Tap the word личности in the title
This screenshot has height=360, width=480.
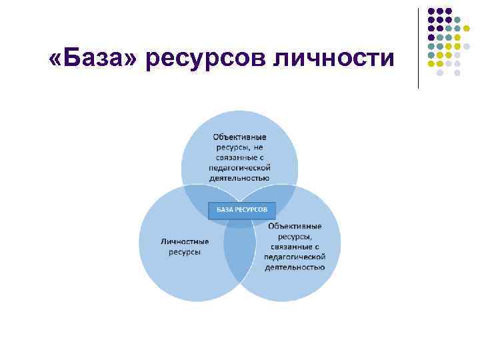337,59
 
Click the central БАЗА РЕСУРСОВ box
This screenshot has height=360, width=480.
241,210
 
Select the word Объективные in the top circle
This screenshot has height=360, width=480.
239,136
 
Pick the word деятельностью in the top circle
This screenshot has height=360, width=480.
239,178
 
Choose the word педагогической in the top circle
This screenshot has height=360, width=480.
239,168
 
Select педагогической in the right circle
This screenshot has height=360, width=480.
295,257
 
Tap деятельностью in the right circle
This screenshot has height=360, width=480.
295,267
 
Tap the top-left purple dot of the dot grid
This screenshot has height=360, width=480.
431,11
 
